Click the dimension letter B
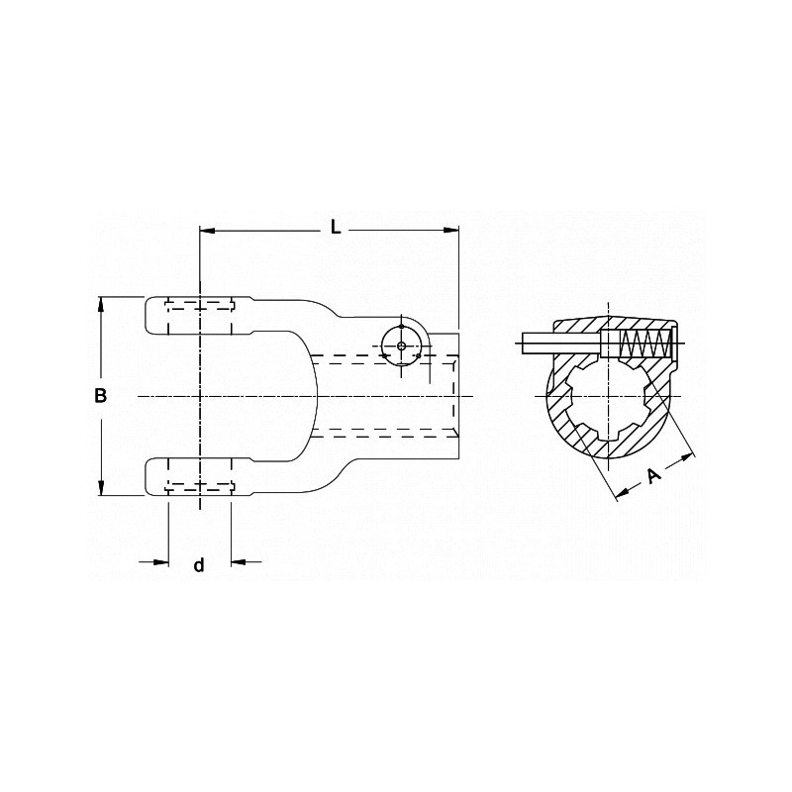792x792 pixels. [x=100, y=396]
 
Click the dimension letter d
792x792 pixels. [x=198, y=564]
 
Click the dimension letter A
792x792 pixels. [x=653, y=475]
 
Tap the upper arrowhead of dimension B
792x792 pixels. [x=100, y=304]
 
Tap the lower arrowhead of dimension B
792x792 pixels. [x=100, y=489]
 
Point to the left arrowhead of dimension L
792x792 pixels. [x=206, y=231]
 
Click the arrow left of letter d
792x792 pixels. [x=161, y=562]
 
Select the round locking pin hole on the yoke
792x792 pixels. [x=400, y=345]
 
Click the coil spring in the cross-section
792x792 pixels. [x=643, y=346]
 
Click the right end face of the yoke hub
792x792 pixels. [x=458, y=396]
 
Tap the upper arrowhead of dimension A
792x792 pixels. [x=688, y=456]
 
